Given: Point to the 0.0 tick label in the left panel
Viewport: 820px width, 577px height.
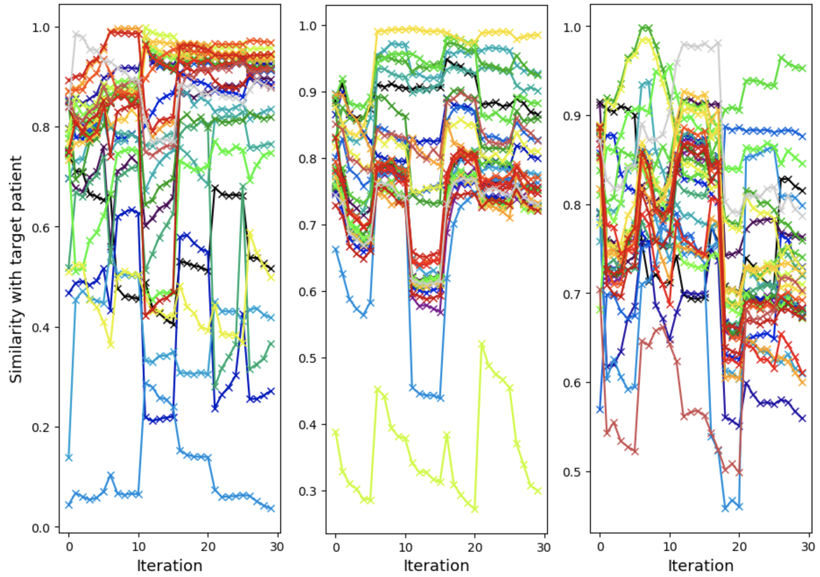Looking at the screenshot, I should tap(41, 528).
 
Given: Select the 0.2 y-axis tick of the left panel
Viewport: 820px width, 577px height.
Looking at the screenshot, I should tap(41, 428).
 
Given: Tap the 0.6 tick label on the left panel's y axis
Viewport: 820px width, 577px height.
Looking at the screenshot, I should tap(41, 227).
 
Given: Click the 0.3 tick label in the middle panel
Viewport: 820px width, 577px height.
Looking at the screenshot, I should tap(308, 491).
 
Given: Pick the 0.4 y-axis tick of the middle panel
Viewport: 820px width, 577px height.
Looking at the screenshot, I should tap(308, 425).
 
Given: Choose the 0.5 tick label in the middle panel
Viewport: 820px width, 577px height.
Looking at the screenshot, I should tap(308, 358).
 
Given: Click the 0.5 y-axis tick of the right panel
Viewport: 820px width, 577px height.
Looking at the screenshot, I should tap(572, 472).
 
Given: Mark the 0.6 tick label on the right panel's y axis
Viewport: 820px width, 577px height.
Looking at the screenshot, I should tap(572, 383).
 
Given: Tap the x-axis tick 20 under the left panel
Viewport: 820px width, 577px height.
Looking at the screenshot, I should tap(208, 547).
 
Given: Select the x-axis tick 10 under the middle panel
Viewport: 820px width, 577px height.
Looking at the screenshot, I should tap(405, 547).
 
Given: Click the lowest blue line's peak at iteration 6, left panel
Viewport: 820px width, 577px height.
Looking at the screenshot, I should tap(111, 475).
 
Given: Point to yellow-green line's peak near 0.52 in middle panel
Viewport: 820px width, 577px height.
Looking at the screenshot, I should tap(482, 344).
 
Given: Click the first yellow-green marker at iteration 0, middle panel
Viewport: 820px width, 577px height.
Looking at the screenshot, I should tap(335, 432).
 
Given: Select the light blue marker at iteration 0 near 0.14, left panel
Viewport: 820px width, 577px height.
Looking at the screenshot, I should tap(69, 457).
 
